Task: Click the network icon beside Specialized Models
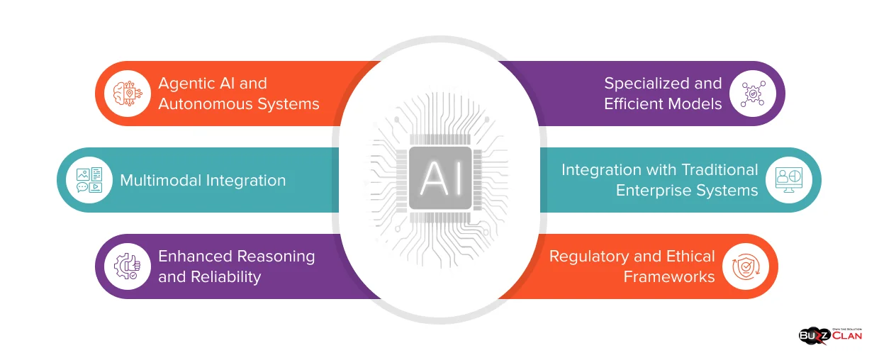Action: pos(752,94)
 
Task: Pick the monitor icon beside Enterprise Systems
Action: pos(788,180)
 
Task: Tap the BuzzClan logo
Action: pos(829,334)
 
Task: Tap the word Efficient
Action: pos(632,104)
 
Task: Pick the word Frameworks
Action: pos(669,276)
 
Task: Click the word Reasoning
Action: pos(276,257)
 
